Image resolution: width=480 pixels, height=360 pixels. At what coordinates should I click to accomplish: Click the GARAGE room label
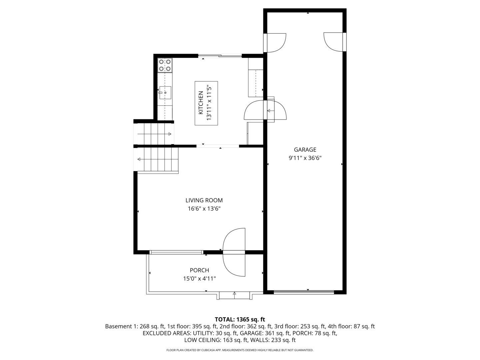pos(305,150)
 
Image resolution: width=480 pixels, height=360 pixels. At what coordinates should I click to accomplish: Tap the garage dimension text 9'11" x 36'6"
pos(305,158)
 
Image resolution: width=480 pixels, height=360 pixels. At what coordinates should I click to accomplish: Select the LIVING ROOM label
pos(204,200)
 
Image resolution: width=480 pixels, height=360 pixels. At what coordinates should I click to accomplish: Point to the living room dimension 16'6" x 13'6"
pos(204,209)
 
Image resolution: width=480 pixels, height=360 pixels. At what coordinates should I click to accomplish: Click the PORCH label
pos(199,270)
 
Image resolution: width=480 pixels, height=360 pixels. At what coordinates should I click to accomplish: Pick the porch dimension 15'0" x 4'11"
pos(199,279)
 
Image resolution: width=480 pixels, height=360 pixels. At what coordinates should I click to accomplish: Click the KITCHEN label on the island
pos(201,103)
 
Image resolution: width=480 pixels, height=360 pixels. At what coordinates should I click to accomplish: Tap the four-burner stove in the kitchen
pos(165,65)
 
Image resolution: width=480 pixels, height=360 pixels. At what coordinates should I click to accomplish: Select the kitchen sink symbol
pos(165,92)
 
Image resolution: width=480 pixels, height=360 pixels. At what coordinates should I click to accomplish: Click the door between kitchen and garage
pos(265,110)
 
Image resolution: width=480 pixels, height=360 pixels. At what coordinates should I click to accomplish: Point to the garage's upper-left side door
pos(275,43)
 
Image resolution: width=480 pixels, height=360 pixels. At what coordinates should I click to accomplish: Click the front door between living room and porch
pos(234,252)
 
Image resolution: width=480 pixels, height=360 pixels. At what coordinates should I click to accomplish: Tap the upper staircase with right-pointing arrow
pos(154,134)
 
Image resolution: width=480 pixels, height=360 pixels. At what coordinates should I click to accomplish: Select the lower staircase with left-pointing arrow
pos(157,159)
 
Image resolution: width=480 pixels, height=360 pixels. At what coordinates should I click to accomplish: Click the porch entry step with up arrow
pos(234,295)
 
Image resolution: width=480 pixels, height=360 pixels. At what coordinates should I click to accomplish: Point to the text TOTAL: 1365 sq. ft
pos(240,319)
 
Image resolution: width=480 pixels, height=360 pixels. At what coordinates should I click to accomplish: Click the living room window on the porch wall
pos(176,252)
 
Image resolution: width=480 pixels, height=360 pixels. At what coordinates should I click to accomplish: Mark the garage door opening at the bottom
pos(304,292)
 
